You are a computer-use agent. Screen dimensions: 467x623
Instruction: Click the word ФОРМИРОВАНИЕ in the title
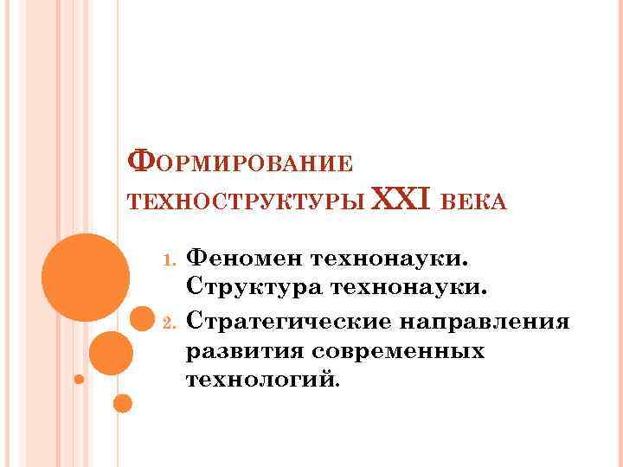pyautogui.click(x=240, y=163)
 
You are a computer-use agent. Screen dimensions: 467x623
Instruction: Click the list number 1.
pyautogui.click(x=170, y=259)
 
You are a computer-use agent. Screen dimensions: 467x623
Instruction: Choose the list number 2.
pyautogui.click(x=170, y=324)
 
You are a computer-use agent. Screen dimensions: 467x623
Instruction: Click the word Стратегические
pyautogui.click(x=289, y=323)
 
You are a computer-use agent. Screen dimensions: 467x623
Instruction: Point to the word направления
pyautogui.click(x=485, y=323)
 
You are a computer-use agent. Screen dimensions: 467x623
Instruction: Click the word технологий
pyautogui.click(x=263, y=380)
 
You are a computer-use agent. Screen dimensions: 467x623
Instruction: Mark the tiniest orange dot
pyautogui.click(x=79, y=379)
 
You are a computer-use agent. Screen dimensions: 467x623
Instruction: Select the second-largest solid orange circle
pyautogui.click(x=111, y=353)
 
